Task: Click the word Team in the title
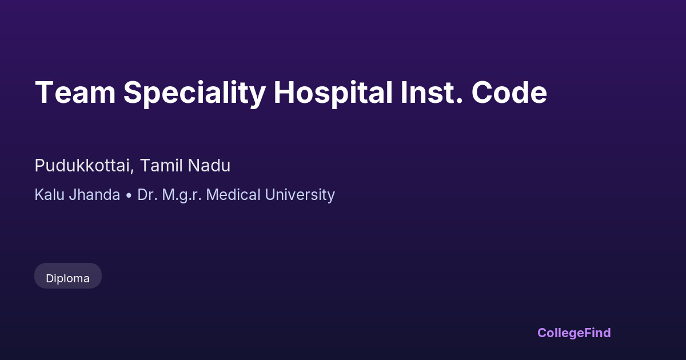(75, 93)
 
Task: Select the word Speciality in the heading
(194, 93)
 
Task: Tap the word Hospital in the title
(333, 93)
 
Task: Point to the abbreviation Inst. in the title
(432, 93)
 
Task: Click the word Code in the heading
(509, 92)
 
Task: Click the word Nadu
(209, 165)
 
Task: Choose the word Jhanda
(94, 195)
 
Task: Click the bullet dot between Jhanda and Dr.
(129, 195)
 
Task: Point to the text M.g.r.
(182, 195)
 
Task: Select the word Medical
(233, 195)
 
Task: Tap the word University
(300, 195)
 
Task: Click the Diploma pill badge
(68, 275)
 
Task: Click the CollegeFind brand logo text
(574, 333)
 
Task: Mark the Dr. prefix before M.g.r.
(147, 195)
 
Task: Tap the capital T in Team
(45, 93)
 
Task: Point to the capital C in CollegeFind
(543, 333)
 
